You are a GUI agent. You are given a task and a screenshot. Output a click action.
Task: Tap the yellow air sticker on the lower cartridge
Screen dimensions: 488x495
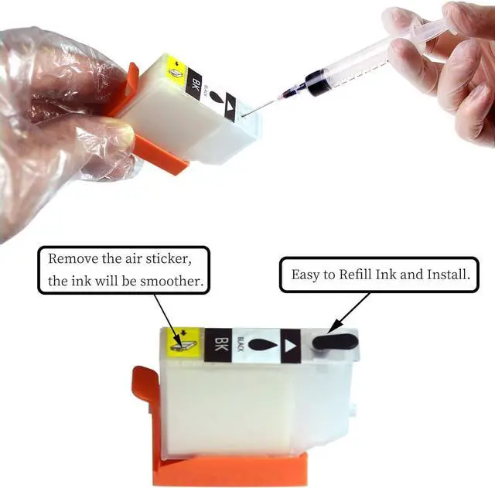pos(186,340)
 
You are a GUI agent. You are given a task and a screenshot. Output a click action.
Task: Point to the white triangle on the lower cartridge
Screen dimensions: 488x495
pos(290,340)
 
